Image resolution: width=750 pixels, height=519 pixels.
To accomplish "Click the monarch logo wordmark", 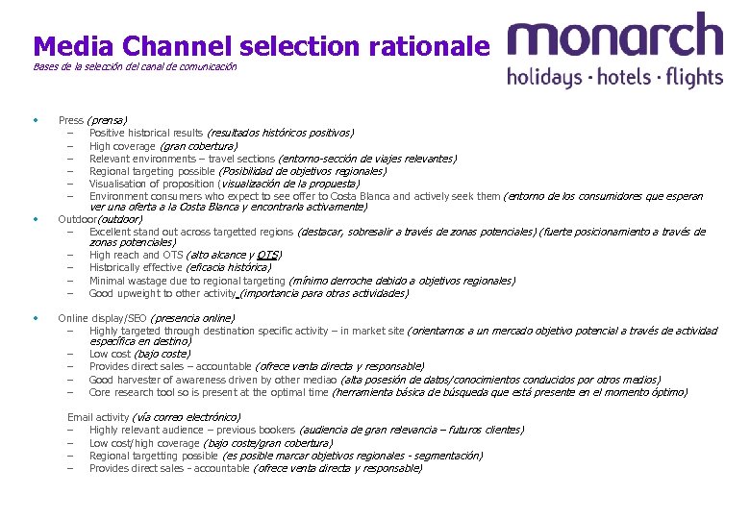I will (x=614, y=38).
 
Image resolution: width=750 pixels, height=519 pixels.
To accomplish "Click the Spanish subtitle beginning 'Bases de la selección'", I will (x=135, y=67).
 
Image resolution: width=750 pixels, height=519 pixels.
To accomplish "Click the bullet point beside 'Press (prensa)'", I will (x=36, y=120).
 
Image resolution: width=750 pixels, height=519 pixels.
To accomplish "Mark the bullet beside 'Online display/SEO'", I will (x=36, y=317).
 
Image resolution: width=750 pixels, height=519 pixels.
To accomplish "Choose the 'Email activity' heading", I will (x=98, y=417).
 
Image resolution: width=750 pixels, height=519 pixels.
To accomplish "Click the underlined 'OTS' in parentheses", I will (x=268, y=256).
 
